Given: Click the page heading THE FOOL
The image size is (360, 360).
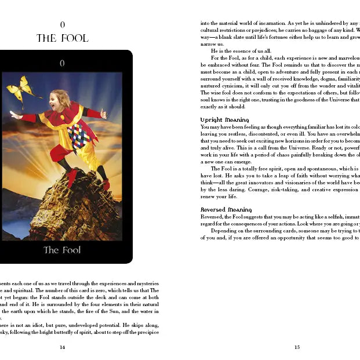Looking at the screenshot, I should click(62, 38).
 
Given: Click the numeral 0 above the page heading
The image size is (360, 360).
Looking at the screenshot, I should click(62, 24).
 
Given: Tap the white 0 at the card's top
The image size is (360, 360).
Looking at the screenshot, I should click(62, 63).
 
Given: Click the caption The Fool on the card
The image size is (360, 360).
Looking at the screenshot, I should click(62, 250).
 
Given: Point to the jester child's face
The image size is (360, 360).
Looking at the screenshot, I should click(59, 103).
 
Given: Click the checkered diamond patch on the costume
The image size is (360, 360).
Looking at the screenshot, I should click(78, 137).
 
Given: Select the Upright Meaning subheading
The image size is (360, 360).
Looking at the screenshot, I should click(224, 120).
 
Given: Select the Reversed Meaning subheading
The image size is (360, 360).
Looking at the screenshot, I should click(226, 209).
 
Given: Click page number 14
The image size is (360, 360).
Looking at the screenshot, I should click(62, 347).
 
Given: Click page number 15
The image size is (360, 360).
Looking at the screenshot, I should click(297, 347).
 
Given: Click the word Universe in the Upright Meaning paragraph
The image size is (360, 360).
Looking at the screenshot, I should click(286, 148).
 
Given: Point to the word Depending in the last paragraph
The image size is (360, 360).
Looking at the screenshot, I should click(223, 231).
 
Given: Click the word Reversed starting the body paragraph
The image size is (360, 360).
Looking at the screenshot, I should click(211, 216).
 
